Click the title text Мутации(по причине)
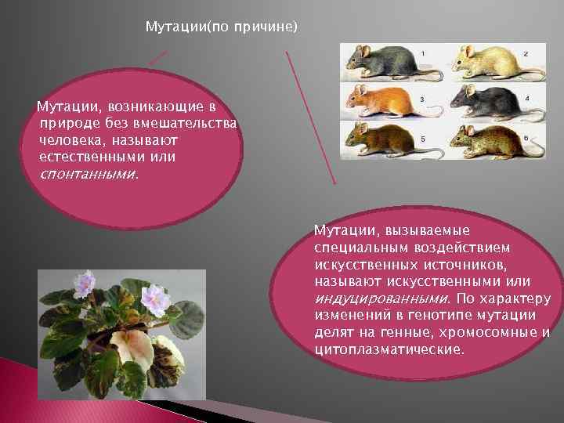(222, 27)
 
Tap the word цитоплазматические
(388, 349)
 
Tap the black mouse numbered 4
(490, 101)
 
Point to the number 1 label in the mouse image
(424, 52)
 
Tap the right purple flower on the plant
(154, 300)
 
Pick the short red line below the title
(157, 60)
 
